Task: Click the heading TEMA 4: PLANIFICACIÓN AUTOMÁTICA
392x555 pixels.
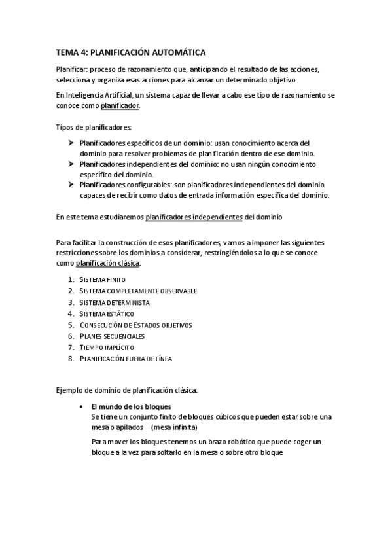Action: [131, 53]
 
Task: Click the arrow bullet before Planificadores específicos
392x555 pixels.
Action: [71, 142]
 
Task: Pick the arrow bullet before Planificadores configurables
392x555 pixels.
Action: [71, 185]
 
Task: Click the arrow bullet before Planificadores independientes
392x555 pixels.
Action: [71, 164]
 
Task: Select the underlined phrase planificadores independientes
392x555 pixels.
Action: [194, 216]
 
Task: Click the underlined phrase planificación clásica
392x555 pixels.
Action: [108, 263]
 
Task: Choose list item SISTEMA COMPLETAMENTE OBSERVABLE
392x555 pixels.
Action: [138, 291]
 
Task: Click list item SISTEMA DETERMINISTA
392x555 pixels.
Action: [115, 302]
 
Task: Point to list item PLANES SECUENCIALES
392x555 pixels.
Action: [112, 336]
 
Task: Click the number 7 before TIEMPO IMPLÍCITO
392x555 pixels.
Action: [70, 347]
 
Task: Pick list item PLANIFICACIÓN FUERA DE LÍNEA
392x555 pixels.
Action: [126, 358]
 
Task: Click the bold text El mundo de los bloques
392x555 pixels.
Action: [131, 406]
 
